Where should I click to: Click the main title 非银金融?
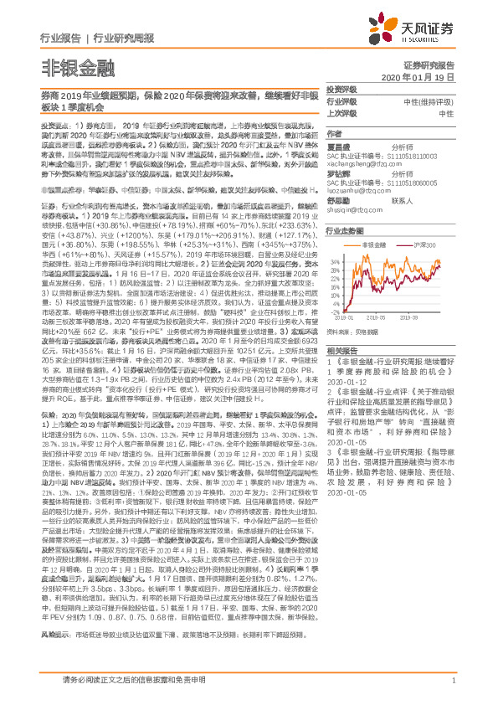click(x=69, y=67)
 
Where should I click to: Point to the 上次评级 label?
click(x=342, y=112)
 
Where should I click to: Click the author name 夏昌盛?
click(x=336, y=145)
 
